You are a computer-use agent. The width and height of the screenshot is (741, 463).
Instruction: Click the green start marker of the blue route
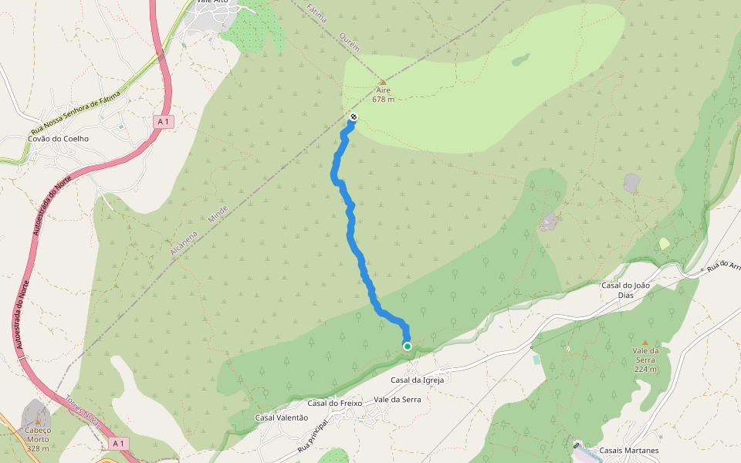tap(407, 346)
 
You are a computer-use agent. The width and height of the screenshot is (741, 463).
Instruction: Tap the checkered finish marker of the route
tap(354, 117)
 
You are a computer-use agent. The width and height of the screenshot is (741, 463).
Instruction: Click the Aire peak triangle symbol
tap(383, 82)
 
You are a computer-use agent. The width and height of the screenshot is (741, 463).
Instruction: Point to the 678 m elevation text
tap(383, 100)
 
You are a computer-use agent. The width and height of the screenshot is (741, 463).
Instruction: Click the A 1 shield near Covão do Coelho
tap(162, 121)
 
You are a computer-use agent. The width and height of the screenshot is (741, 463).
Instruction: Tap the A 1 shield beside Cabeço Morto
tap(118, 444)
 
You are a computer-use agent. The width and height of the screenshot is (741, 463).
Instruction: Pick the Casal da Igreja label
tap(417, 380)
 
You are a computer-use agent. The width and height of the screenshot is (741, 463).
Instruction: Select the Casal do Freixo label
tap(336, 403)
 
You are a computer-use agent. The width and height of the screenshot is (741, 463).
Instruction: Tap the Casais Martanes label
tap(630, 451)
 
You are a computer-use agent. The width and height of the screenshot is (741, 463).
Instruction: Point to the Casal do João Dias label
tap(625, 290)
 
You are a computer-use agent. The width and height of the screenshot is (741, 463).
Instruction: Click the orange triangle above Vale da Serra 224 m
tap(645, 341)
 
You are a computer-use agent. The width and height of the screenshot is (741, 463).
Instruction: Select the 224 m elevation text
tap(645, 369)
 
